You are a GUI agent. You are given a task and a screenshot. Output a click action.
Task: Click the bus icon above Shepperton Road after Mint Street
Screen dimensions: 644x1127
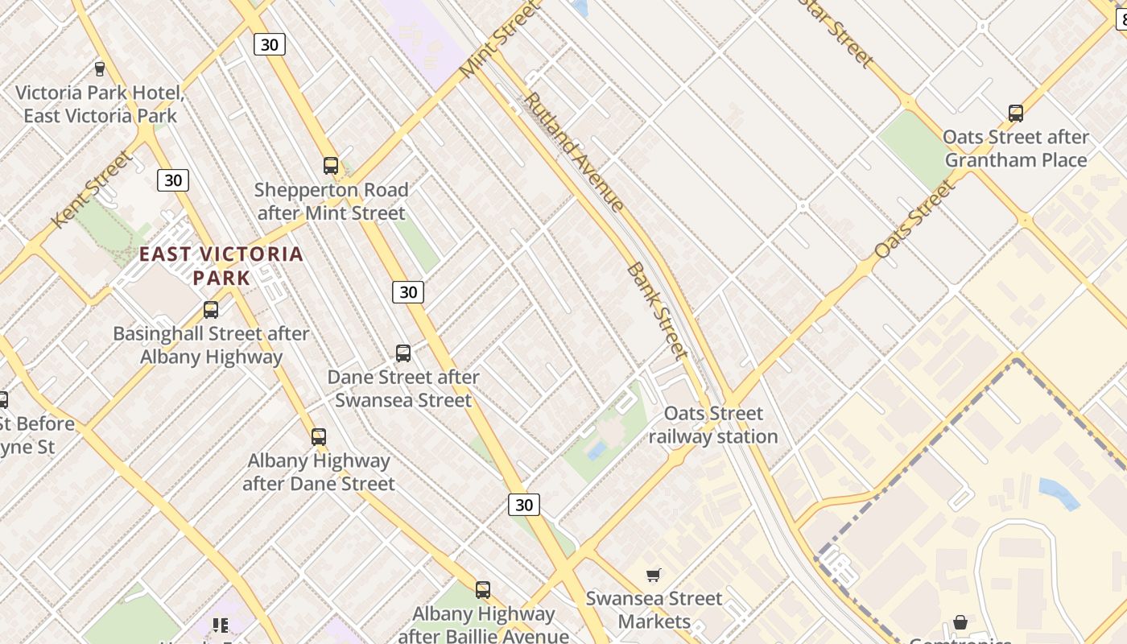point(331,166)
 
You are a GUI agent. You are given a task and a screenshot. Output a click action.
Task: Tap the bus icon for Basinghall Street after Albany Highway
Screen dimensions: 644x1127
point(211,309)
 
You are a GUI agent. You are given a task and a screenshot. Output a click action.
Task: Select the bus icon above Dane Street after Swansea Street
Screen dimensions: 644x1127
point(403,353)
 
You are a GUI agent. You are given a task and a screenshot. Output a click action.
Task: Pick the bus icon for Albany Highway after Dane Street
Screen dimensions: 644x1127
point(319,437)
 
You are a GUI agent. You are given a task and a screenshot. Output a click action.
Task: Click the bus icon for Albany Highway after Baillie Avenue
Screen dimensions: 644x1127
point(483,590)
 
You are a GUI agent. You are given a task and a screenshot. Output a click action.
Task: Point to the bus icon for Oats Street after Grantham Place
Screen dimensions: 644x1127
point(1016,113)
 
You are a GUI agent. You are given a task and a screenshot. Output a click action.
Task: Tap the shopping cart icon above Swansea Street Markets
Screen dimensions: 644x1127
point(654,575)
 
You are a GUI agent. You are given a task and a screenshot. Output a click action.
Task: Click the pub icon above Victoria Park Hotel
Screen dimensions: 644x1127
point(100,69)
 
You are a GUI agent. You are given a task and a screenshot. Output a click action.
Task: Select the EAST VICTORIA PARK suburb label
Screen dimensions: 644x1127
point(221,266)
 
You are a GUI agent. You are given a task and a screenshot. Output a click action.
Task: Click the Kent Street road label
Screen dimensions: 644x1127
point(92,189)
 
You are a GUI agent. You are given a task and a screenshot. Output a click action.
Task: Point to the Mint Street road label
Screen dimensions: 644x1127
point(498,40)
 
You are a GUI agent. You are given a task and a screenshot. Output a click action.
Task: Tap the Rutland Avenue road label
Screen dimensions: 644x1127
point(573,152)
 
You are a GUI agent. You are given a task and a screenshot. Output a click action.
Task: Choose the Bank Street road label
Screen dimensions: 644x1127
point(657,310)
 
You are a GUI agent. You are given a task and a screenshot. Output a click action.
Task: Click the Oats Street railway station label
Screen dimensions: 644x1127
point(713,425)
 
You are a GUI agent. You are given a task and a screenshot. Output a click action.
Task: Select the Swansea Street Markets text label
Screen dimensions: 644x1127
point(654,610)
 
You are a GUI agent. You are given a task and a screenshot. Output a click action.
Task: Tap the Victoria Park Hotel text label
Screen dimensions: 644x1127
point(101,104)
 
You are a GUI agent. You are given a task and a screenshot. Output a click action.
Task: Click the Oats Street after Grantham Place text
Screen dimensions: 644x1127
point(1016,148)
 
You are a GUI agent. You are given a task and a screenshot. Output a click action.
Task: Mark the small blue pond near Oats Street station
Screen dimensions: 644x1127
point(597,450)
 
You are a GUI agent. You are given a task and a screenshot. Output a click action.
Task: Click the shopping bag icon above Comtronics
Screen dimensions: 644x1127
point(960,622)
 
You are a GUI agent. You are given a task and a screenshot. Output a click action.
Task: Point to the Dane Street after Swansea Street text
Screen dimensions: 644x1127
point(403,388)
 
